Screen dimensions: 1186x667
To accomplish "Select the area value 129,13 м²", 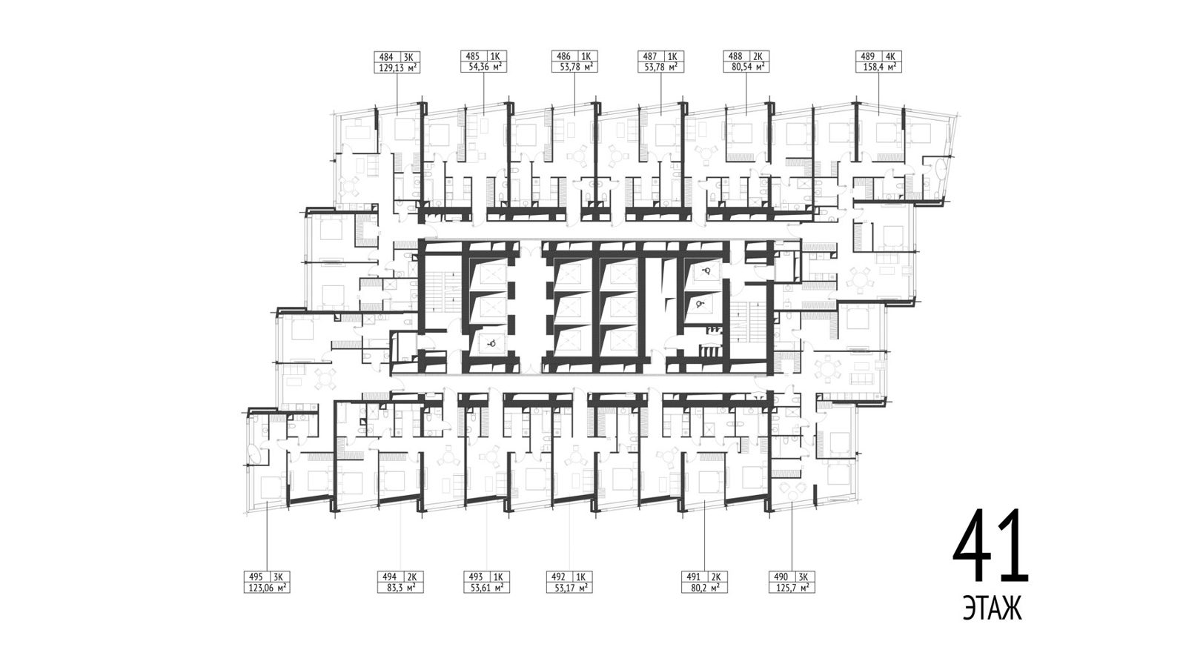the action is tap(397, 67).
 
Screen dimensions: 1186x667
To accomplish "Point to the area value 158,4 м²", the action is tap(879, 67).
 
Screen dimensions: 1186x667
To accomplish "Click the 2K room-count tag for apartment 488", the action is tap(758, 56).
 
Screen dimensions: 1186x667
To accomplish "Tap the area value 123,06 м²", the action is tap(267, 588).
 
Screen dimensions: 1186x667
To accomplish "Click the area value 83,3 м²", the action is tap(400, 588).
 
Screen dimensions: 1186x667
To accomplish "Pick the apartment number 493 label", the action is tap(476, 577).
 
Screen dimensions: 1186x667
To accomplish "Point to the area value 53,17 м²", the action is tap(570, 588).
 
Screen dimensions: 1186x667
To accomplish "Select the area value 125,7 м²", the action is tap(792, 588).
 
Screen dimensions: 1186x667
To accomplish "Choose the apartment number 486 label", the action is tap(563, 56).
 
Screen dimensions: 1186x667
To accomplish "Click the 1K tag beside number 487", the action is tap(672, 56).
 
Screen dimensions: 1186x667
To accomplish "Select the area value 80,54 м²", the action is tap(746, 67).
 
